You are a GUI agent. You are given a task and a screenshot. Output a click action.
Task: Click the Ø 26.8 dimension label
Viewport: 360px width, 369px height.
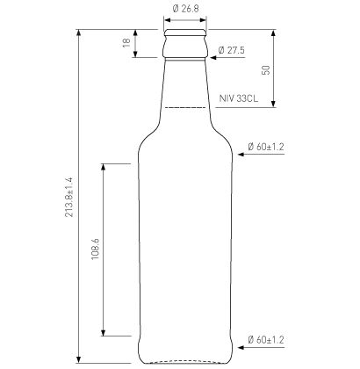pos(185,9)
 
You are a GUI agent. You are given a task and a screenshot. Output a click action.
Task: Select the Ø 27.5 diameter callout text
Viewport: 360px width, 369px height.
pos(231,50)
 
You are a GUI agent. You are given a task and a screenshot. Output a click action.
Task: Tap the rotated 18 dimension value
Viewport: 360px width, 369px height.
pos(126,43)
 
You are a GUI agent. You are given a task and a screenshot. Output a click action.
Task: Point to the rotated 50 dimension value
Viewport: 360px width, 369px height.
pos(266,70)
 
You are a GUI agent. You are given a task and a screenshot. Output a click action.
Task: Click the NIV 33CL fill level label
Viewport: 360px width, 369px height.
pos(239,98)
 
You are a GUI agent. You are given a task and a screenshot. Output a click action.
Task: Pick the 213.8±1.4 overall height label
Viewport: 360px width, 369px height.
pos(68,197)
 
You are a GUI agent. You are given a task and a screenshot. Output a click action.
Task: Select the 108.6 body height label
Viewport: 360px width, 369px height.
pos(96,250)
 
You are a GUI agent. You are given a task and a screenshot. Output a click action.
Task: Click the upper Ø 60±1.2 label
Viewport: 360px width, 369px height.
pos(266,147)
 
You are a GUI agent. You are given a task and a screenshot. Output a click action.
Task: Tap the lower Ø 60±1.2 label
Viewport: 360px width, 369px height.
pos(266,340)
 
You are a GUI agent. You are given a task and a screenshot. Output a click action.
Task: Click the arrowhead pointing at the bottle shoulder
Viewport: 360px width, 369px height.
pos(241,154)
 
